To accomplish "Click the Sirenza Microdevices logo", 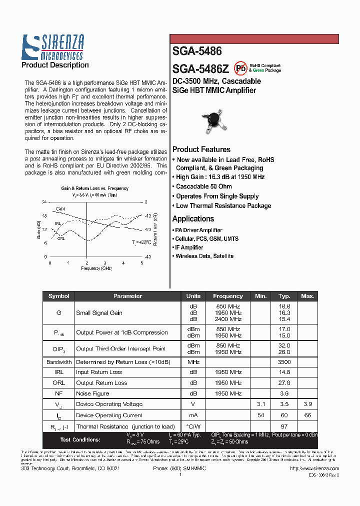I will [52, 47].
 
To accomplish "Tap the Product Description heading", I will [55, 65].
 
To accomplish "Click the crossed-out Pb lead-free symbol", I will [241, 68].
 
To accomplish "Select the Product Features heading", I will [201, 149].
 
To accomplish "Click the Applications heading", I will [193, 218].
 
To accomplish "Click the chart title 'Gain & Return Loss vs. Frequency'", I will [94, 188].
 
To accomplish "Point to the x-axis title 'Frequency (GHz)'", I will [96, 268].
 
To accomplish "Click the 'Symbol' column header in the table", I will [59, 296].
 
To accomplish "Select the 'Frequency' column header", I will [227, 296].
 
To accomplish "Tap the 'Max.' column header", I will [307, 296].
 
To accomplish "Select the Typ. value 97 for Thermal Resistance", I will [284, 426].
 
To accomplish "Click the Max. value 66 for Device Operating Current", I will [307, 415].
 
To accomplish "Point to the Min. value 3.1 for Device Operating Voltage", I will [261, 404].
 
